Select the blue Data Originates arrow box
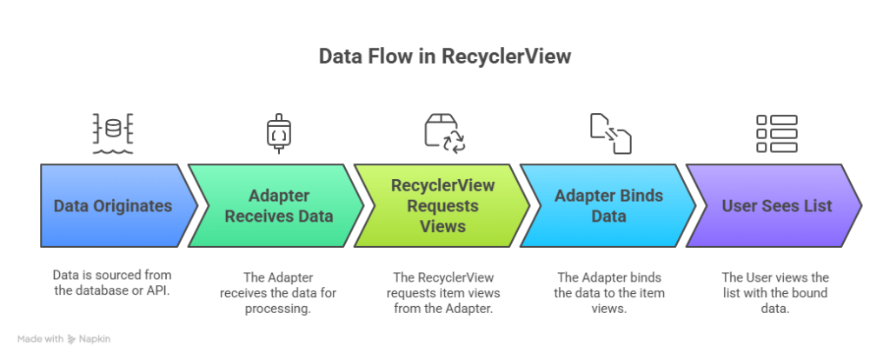tap(113, 206)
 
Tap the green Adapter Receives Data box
tap(278, 206)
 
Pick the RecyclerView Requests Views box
tap(442, 206)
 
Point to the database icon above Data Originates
tap(113, 133)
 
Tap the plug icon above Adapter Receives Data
tap(278, 133)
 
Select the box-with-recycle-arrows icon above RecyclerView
tap(444, 133)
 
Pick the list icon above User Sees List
tap(776, 133)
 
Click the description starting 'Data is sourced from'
tap(113, 283)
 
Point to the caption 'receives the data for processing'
tap(278, 293)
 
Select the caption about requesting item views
tap(442, 293)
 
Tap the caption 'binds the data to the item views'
tap(608, 293)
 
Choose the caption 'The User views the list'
tap(775, 293)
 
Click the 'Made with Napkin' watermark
tap(64, 339)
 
